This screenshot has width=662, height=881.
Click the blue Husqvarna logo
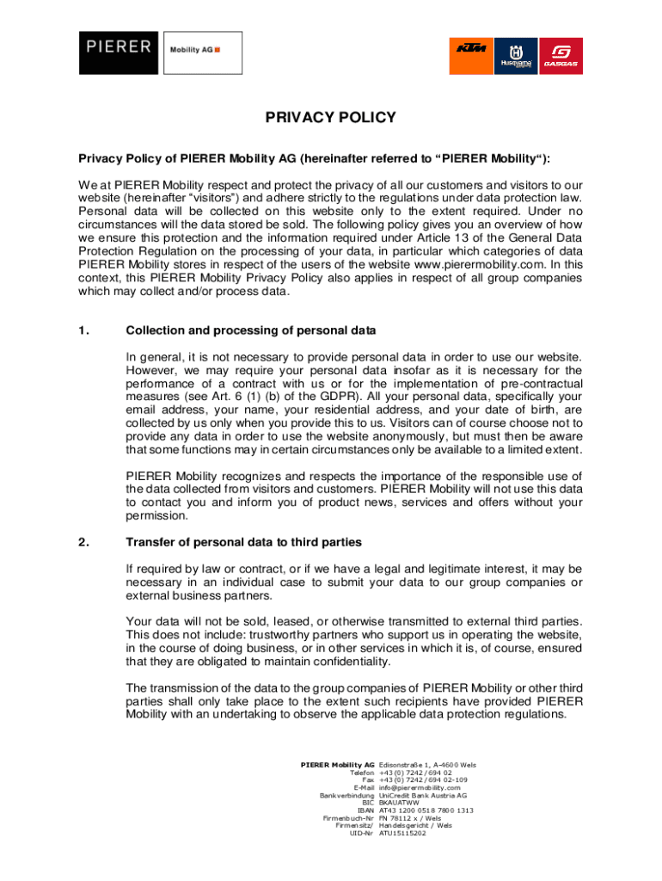click(x=516, y=58)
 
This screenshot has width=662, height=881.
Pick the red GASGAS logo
click(x=561, y=58)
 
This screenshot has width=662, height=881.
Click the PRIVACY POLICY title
click(x=330, y=118)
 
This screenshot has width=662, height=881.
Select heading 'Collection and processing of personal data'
click(x=251, y=330)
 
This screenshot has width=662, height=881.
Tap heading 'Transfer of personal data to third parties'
click(x=244, y=542)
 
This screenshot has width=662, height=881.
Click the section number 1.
click(x=83, y=330)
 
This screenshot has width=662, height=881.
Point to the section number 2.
click(x=83, y=542)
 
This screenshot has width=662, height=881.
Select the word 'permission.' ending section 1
click(x=156, y=515)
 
